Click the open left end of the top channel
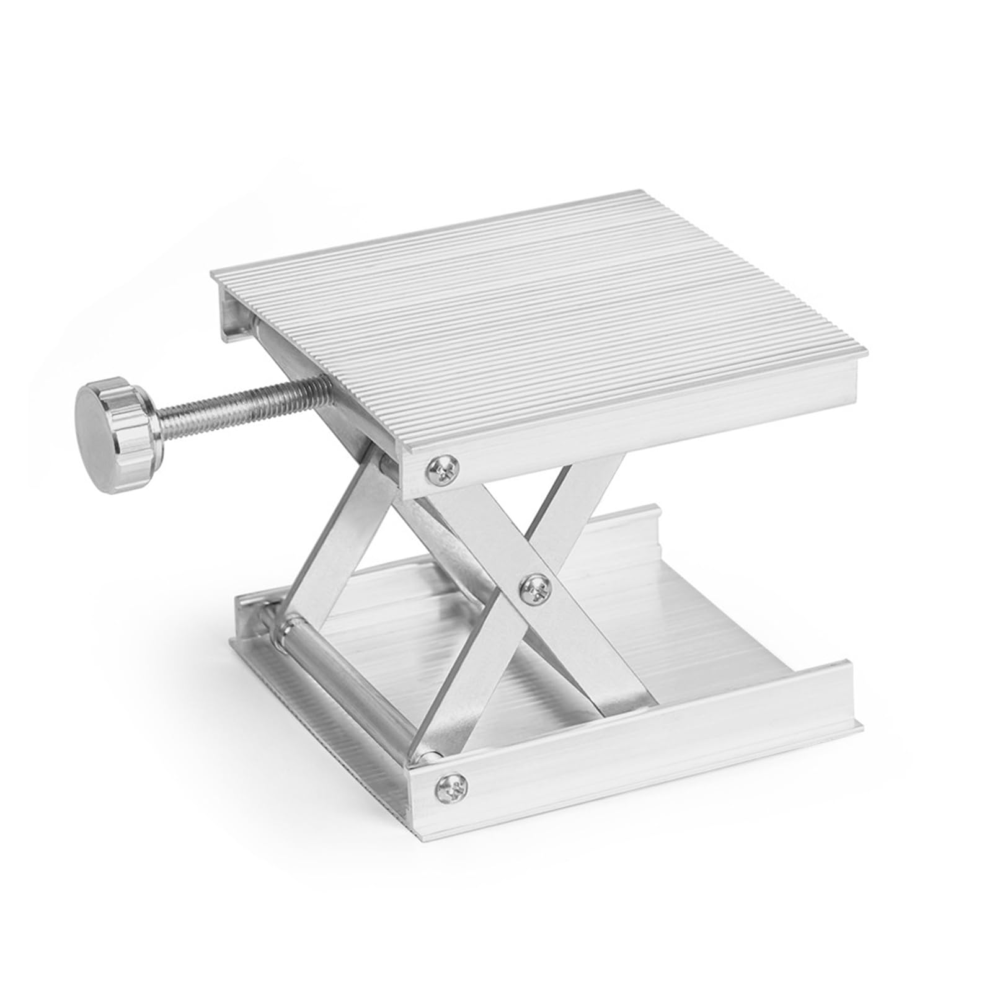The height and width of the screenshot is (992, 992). pos(236,316)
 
